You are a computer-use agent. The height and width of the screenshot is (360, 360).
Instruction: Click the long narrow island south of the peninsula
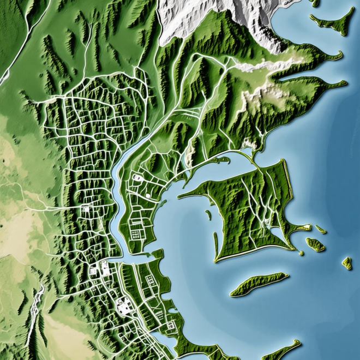coord(259,284)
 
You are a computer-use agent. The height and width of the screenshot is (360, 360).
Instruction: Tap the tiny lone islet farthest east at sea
coord(347,263)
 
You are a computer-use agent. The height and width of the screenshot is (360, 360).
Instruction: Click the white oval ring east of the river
coord(137,177)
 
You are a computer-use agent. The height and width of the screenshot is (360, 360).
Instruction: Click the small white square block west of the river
coord(86,209)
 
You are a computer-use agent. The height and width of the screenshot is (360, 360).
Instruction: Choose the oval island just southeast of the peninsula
coord(315,244)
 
